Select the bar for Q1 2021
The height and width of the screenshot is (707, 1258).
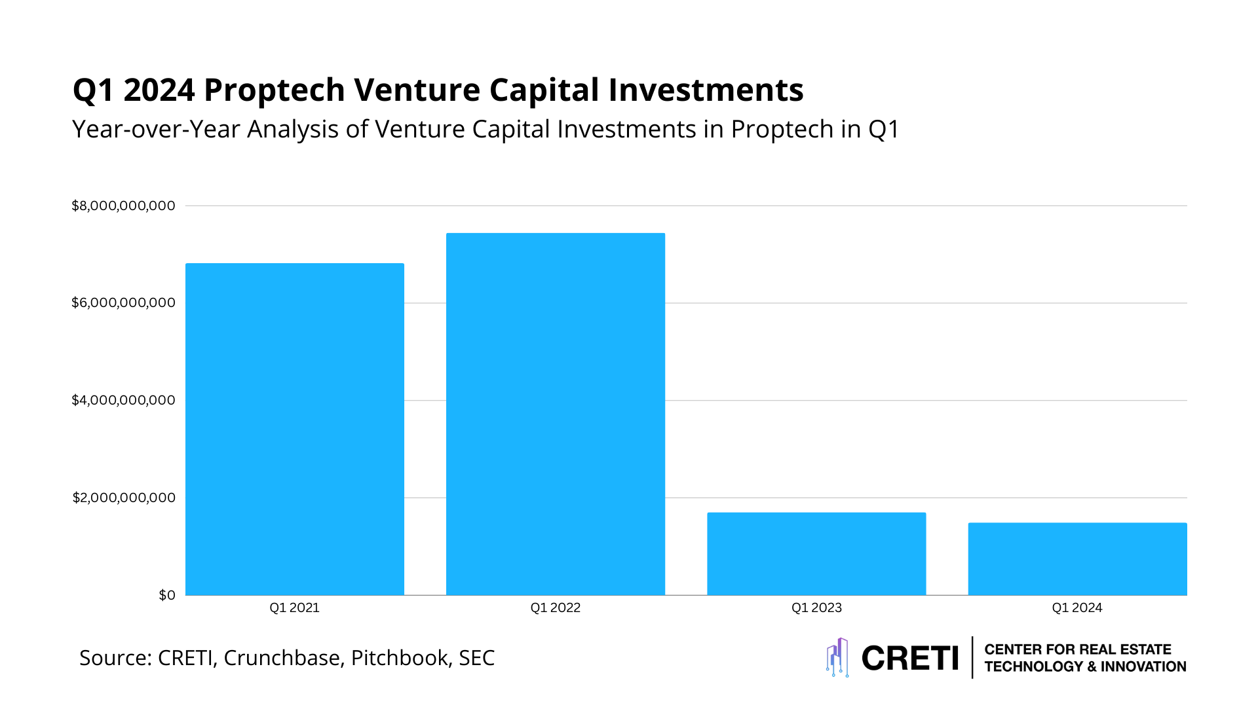(x=294, y=429)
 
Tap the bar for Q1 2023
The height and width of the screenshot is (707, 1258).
(x=816, y=554)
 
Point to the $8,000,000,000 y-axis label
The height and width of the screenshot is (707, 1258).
(x=123, y=206)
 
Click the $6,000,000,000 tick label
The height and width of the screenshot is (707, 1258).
(x=123, y=302)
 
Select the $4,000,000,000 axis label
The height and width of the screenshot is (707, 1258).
(x=123, y=400)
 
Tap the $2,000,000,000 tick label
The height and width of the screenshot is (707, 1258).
(x=123, y=498)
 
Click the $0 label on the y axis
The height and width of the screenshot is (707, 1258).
(x=167, y=595)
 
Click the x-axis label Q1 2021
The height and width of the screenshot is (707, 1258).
(x=294, y=607)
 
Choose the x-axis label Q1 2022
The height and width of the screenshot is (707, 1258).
(x=555, y=607)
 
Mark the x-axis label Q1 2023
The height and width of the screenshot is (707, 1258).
(x=816, y=607)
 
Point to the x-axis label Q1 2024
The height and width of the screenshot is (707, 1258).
(x=1077, y=607)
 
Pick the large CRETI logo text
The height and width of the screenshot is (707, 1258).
(x=910, y=658)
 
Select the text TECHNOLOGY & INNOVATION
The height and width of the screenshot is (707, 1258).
(x=1085, y=666)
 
